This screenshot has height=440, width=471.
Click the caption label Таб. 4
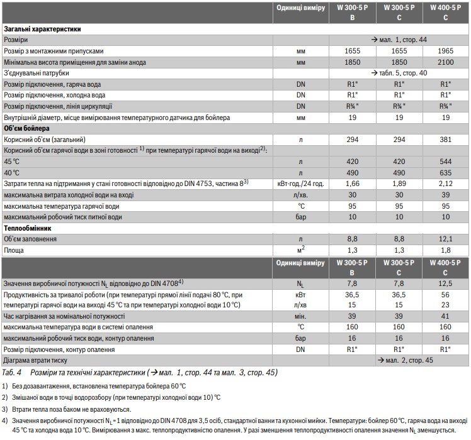(13, 372)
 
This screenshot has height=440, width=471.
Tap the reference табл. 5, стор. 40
(399, 73)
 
